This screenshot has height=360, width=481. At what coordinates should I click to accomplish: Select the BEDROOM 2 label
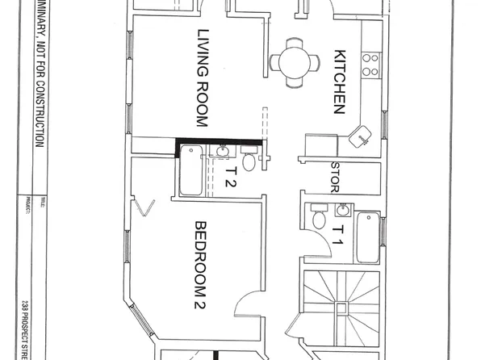point(203,260)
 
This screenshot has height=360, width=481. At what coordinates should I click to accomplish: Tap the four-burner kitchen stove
point(370,64)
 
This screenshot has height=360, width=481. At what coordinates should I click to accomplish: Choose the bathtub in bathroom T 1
point(367,237)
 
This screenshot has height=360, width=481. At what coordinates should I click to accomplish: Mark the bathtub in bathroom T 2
point(191,170)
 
